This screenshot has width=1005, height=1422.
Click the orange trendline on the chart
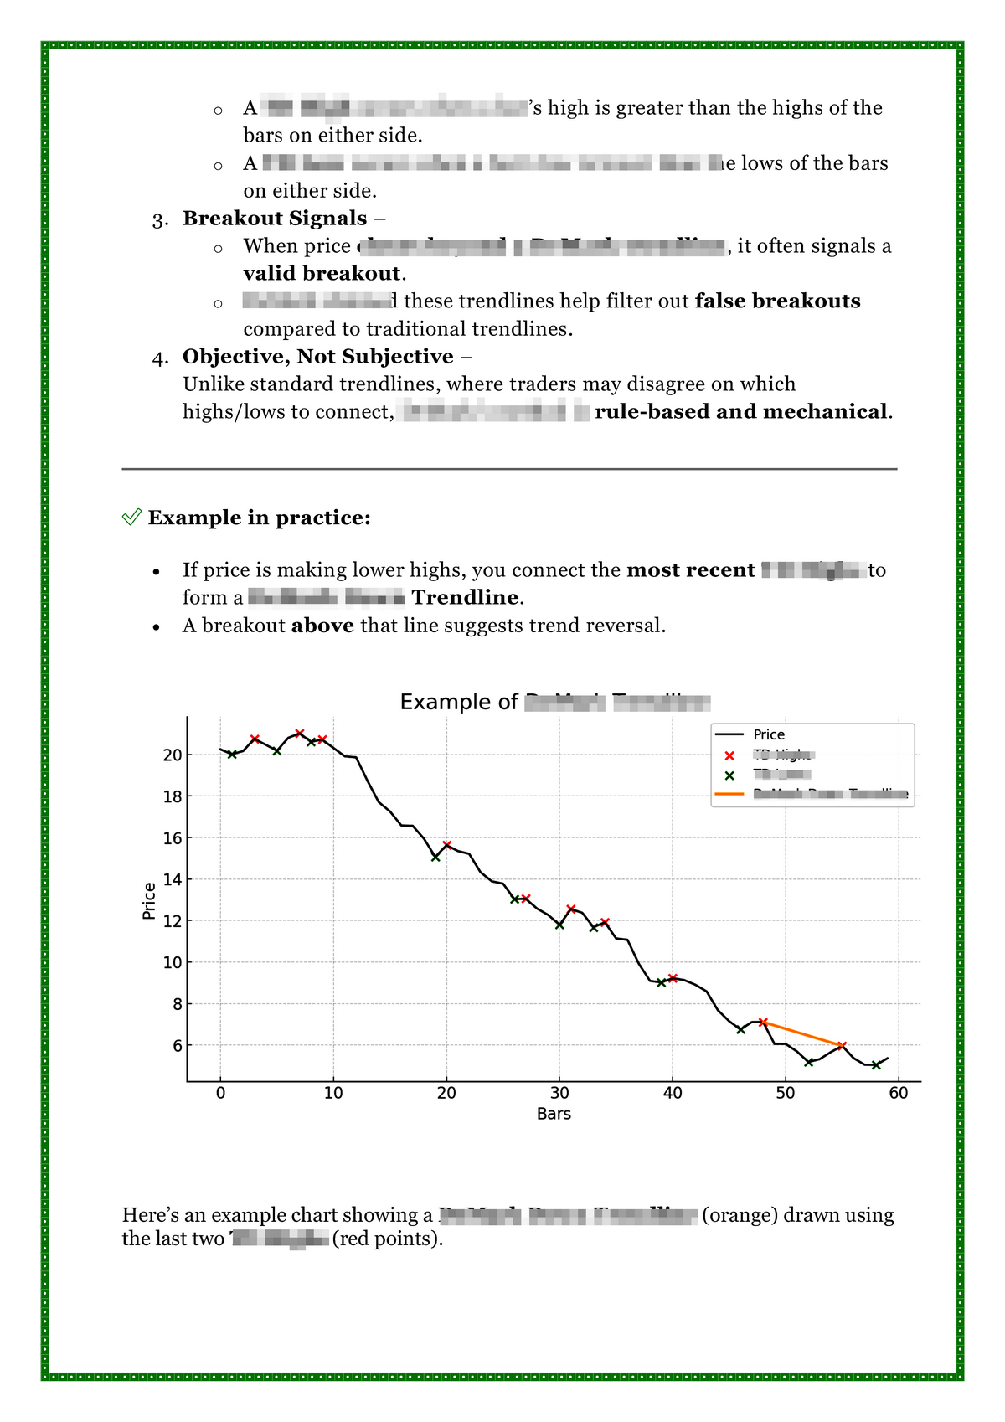coord(802,1033)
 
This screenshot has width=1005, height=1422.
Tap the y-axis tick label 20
coord(173,755)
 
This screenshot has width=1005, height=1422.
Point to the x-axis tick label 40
coord(673,1093)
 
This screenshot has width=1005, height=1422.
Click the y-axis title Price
coord(150,901)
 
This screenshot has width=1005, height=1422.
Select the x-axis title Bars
coord(554,1115)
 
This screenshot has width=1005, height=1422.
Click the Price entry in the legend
coord(769,734)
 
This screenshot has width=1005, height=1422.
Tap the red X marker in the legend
coord(729,755)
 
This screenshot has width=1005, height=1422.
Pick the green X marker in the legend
coord(729,775)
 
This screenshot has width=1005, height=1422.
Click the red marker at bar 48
coord(763,1023)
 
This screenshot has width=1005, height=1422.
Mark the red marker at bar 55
coord(842,1045)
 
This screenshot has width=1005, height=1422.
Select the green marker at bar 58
coord(876,1065)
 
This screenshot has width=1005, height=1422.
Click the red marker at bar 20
coord(447,845)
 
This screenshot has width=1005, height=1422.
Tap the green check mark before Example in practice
coord(131,518)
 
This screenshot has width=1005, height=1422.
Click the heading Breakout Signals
coord(275,219)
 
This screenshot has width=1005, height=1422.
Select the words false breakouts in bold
coord(777,301)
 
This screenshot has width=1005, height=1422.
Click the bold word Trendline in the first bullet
coord(466,598)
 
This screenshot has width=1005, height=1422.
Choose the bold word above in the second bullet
coord(322,626)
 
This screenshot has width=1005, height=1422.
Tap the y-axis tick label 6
coord(177,1046)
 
